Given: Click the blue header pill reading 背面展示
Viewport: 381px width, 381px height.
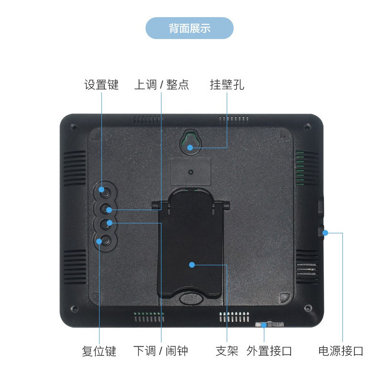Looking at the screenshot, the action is point(190,28).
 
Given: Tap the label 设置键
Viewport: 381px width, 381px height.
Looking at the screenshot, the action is point(101,85).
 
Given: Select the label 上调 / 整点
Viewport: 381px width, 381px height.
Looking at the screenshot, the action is point(161,85).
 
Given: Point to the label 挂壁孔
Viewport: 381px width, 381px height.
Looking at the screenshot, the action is point(227,85).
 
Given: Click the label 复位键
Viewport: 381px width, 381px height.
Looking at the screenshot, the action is point(99,351).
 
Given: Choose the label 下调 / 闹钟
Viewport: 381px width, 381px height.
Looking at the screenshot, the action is point(160,351).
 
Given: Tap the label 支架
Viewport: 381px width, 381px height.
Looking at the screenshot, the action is point(227,351).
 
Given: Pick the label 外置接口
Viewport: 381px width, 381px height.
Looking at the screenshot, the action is point(269,351).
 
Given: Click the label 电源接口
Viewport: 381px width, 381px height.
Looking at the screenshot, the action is point(341,351).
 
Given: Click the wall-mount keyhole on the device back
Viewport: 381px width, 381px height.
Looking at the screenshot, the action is point(190,141).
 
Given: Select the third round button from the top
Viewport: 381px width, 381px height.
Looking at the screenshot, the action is point(108,223).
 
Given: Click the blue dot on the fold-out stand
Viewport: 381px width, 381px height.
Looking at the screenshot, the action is point(191,264).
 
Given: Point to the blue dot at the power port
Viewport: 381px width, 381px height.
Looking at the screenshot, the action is point(326,233).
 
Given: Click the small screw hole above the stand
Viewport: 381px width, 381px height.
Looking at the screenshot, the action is point(190,171).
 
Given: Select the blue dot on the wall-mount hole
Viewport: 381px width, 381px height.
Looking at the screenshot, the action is point(190,147).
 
